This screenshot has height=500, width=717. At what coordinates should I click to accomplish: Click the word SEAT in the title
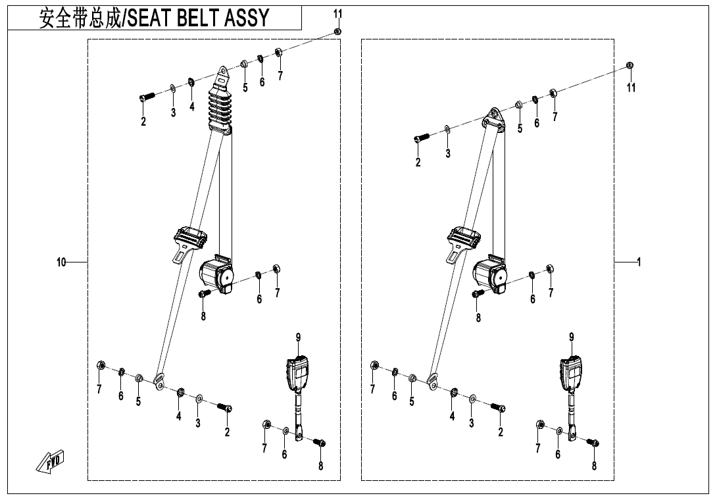150,18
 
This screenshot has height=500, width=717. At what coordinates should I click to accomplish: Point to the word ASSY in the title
247,18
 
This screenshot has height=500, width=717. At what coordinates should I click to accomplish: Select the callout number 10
61,262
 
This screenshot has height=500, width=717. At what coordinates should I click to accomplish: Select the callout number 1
638,262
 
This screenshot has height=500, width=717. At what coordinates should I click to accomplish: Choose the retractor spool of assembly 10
216,272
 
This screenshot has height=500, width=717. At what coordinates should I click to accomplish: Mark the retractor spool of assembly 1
489,272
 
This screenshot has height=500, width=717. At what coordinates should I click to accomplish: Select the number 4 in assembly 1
452,416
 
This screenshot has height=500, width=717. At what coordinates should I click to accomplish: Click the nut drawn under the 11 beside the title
337,31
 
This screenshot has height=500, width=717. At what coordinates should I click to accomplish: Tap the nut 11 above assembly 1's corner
630,66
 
